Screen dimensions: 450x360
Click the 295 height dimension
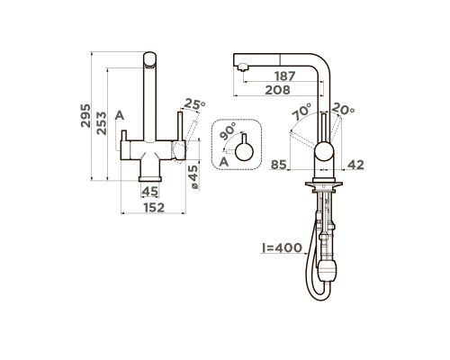85,116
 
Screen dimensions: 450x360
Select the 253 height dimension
102,123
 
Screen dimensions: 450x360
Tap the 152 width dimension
154,208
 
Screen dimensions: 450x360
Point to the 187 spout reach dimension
285,76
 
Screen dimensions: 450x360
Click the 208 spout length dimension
278,90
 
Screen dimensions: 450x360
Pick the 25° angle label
194,103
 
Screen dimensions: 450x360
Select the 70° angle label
302,112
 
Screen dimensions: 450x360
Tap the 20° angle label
343,109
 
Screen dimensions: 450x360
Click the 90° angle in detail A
228,131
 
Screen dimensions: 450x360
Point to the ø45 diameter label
193,177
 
